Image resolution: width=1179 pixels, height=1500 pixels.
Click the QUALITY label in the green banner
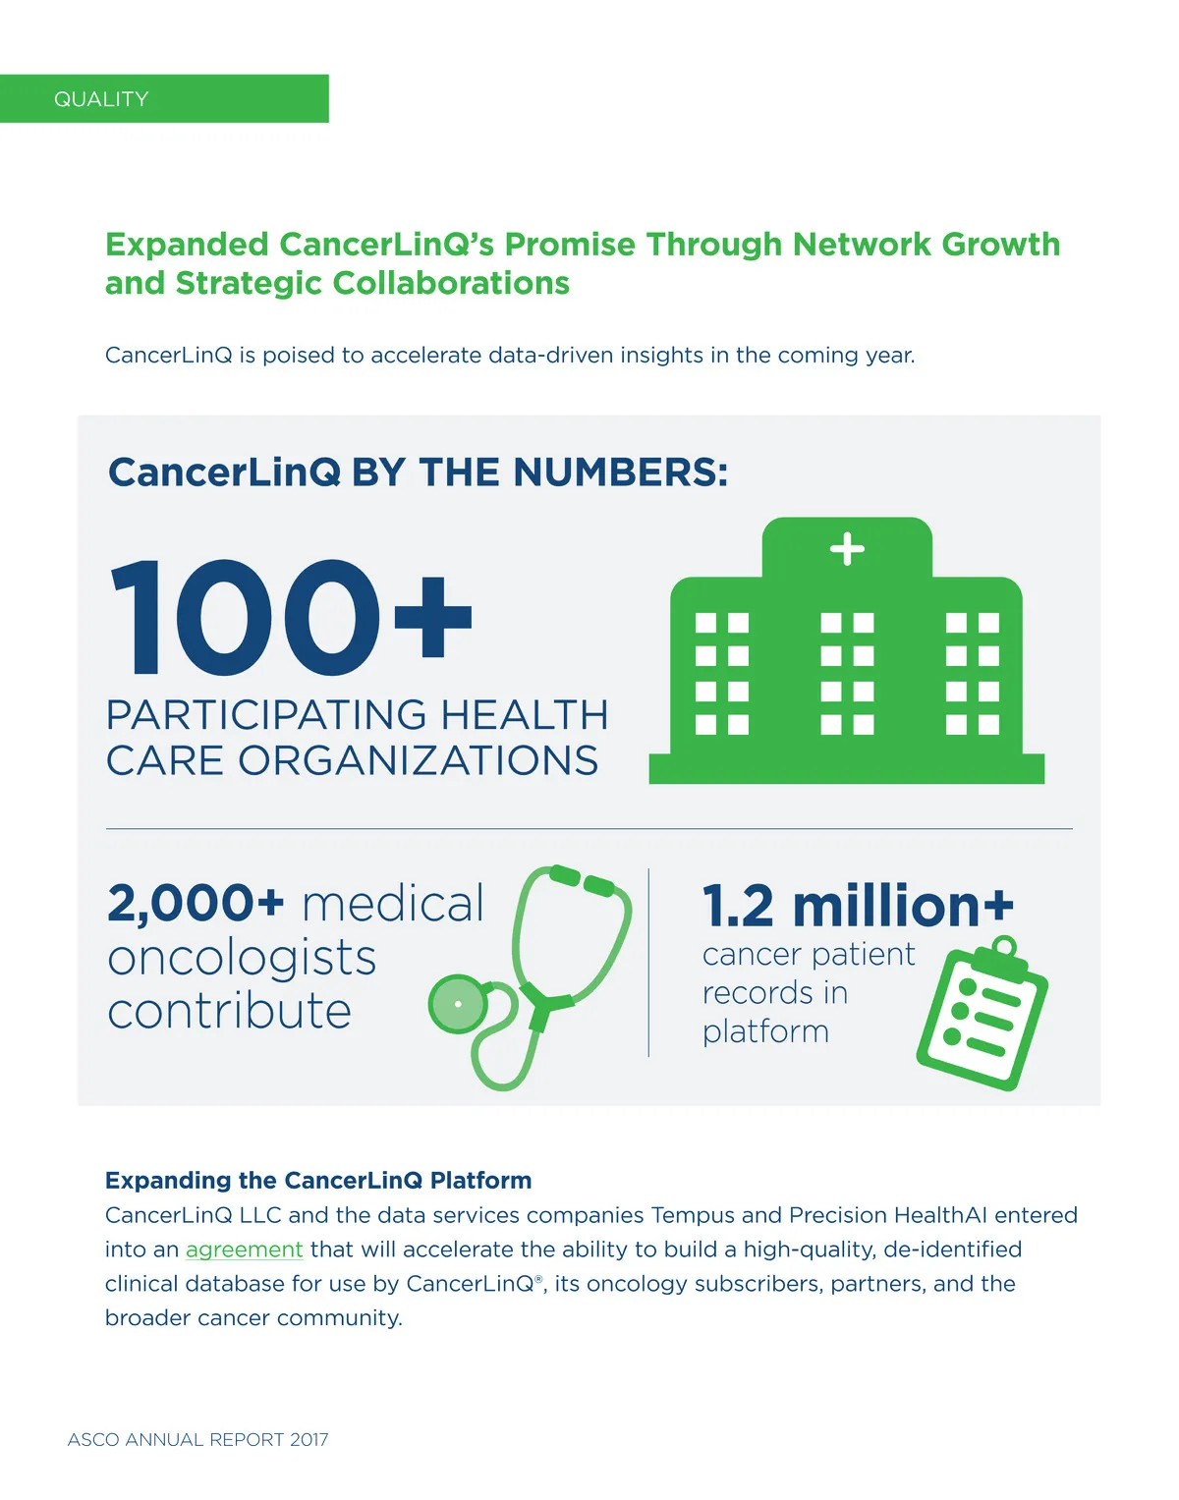(101, 99)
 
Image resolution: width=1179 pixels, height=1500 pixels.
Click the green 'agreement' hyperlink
(244, 1250)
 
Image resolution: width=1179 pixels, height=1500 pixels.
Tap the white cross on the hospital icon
(847, 549)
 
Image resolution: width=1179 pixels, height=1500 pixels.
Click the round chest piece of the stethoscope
(458, 1004)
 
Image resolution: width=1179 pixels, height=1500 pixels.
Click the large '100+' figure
(291, 619)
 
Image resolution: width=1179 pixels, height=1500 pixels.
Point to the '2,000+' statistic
(196, 904)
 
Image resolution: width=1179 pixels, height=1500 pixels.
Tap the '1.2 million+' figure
(858, 906)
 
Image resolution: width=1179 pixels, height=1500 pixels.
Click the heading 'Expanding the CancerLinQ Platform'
(318, 1180)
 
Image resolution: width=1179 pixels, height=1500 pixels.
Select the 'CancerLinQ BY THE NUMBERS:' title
(418, 472)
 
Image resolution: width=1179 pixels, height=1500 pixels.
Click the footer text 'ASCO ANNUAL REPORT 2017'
(197, 1439)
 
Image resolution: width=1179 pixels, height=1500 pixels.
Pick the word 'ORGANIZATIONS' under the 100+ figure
(418, 761)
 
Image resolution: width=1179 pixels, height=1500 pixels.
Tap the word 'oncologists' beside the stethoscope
(242, 958)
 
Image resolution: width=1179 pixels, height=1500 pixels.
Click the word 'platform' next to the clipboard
(765, 1031)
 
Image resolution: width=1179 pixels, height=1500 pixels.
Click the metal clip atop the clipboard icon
(1004, 948)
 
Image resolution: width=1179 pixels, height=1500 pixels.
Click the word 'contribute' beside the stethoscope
(229, 1011)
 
